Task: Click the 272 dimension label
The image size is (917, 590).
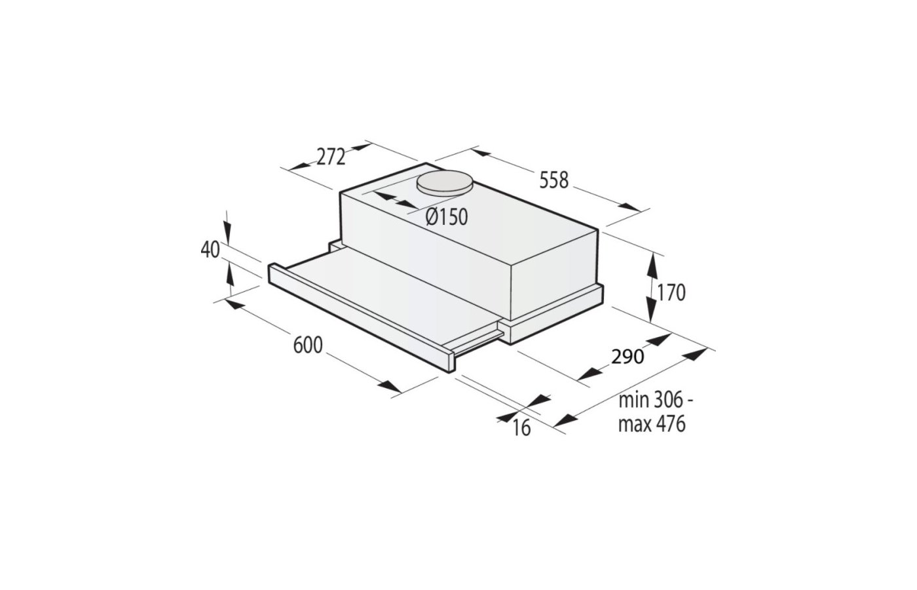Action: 331,157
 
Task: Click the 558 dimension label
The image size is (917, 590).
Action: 554,180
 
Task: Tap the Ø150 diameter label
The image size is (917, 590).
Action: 447,217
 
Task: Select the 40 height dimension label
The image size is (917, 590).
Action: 210,250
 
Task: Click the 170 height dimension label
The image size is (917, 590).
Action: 671,293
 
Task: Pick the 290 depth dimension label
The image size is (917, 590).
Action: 627,357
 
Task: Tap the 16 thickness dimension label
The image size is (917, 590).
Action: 521,428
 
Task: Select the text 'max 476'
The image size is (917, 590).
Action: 652,424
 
